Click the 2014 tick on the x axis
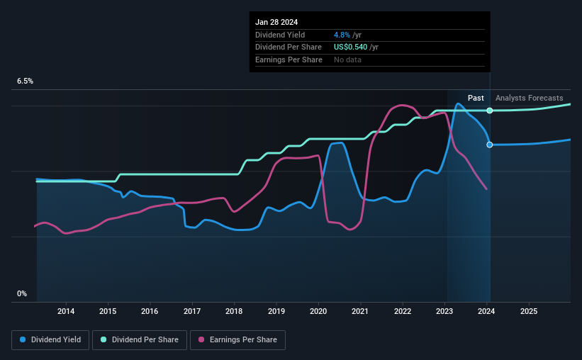(66, 311)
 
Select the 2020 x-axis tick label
(318, 311)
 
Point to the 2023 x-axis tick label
(444, 311)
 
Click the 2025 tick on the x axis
(529, 311)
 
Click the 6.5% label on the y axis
(25, 81)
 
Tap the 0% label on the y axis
(21, 293)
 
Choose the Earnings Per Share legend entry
(238, 340)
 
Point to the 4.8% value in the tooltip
(342, 35)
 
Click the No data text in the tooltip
(347, 60)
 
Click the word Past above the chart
(476, 98)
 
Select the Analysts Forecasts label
(530, 98)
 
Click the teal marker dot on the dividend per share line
(490, 111)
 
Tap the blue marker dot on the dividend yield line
(490, 145)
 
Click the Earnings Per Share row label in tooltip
(289, 60)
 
